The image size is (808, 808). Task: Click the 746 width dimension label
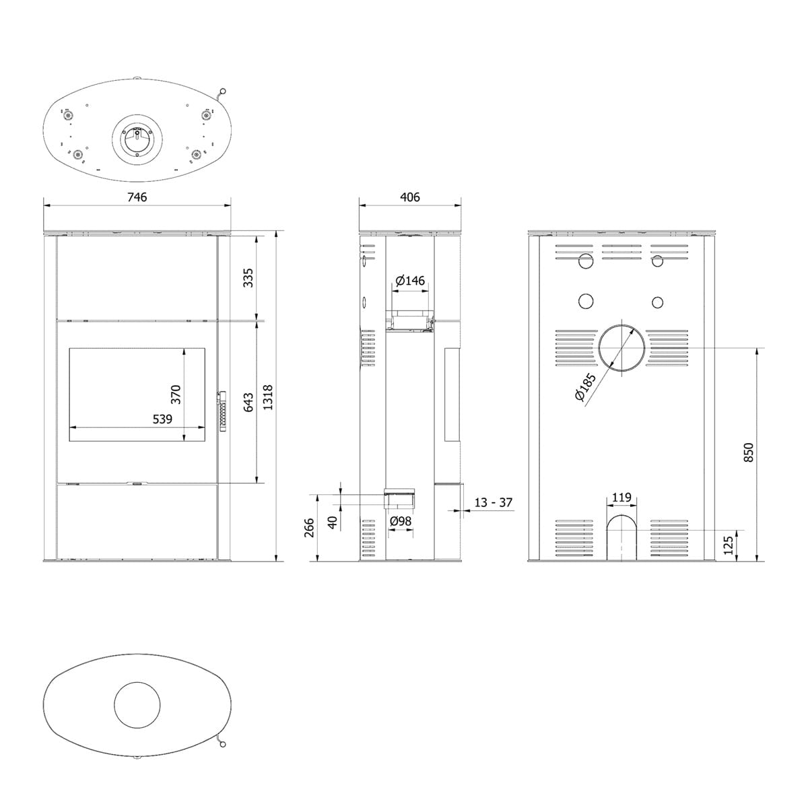[137, 197]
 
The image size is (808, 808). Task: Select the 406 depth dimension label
[409, 197]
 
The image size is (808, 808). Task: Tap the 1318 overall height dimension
[267, 397]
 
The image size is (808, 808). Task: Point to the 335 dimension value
[248, 278]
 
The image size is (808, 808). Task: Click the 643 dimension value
[248, 402]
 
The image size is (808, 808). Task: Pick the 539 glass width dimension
[162, 419]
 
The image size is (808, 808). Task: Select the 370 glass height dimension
[176, 394]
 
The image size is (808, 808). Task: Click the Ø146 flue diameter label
[409, 280]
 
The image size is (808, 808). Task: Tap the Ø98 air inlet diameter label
[401, 521]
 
